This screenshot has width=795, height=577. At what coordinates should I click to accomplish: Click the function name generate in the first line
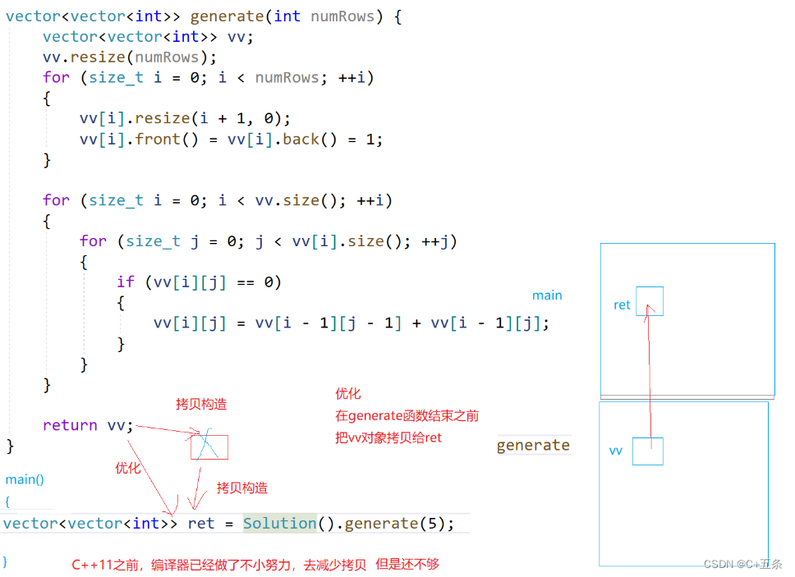tap(227, 16)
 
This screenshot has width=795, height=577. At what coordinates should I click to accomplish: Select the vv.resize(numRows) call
tap(130, 57)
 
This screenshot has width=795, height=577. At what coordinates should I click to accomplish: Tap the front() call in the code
tap(177, 139)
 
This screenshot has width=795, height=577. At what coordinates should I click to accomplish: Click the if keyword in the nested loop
tap(125, 282)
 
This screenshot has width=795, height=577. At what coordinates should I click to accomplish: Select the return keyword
tap(70, 424)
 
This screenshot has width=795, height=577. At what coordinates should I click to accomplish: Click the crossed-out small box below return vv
tap(209, 446)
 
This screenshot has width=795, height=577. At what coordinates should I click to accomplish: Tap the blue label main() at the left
tap(25, 479)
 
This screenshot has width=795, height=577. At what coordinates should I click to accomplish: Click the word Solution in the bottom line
tap(280, 523)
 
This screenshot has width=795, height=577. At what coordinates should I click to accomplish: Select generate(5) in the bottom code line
tap(397, 523)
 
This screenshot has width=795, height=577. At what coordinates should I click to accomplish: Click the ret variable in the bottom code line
tap(200, 523)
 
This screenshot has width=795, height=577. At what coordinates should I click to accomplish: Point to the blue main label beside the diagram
tap(547, 295)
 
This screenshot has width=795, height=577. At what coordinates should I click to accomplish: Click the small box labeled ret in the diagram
tap(649, 301)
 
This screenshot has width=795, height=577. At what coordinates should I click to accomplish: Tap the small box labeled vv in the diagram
tap(647, 451)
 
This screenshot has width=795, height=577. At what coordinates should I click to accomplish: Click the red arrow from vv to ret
tap(650, 378)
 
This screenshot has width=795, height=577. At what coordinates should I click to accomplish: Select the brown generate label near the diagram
tap(533, 445)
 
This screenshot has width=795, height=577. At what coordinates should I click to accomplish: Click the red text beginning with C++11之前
tap(255, 564)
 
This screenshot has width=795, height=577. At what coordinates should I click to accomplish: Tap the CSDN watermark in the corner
tap(742, 564)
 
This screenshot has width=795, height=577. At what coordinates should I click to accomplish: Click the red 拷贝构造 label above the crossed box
tap(201, 404)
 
